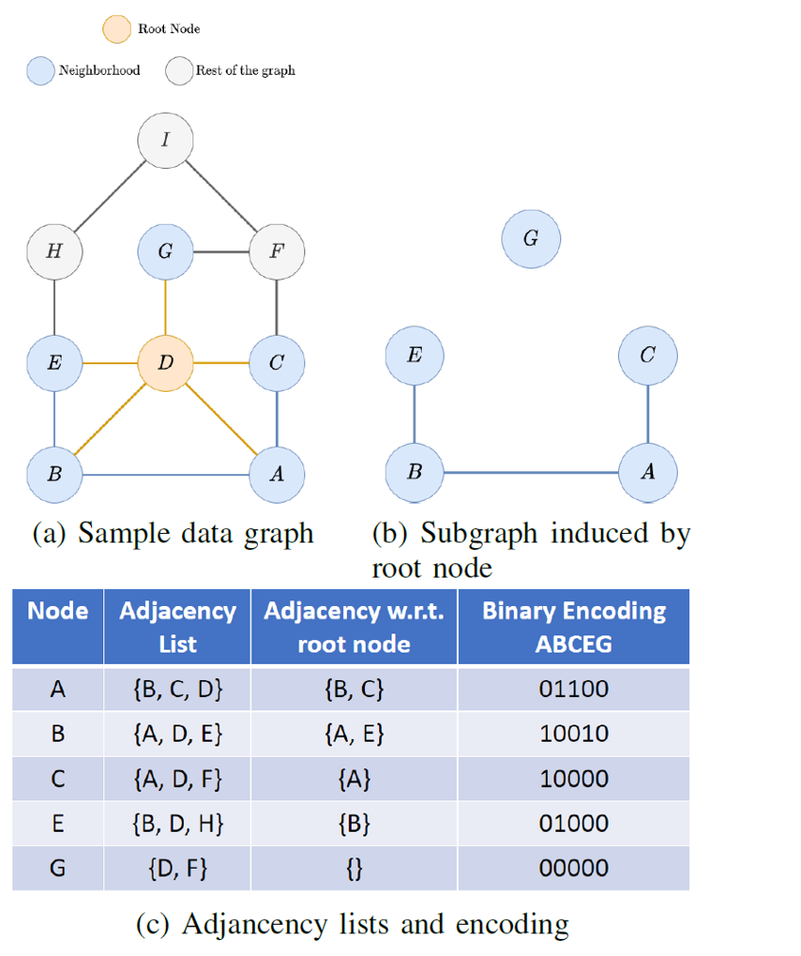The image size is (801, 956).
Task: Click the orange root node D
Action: point(166,362)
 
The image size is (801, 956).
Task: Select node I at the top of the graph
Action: point(166,140)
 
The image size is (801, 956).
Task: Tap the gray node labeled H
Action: point(54,251)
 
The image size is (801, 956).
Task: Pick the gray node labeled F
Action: point(276,251)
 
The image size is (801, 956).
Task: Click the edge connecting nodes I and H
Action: point(110,196)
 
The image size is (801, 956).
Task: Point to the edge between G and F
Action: point(221,251)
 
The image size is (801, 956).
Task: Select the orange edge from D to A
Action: point(222,418)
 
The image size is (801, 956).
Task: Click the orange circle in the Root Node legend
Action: point(117,28)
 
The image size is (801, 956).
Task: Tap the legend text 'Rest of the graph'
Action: point(245,70)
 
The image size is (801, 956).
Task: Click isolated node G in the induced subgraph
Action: point(531,238)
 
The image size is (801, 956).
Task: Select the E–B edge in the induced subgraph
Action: point(414,414)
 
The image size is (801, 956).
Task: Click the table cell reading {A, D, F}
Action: point(177,779)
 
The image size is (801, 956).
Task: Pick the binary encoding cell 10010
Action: point(573,734)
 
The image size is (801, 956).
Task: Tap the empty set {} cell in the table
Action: point(354,868)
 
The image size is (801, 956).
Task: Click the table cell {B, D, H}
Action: point(177,823)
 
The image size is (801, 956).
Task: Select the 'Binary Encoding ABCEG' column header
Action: point(573,627)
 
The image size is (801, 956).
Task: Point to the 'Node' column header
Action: point(58,612)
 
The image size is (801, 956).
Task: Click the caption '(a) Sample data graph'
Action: point(173,534)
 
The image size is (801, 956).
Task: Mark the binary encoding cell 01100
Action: point(573,689)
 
